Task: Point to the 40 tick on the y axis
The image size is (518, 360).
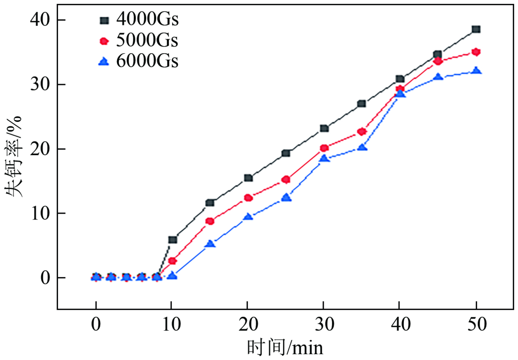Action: (x=41, y=20)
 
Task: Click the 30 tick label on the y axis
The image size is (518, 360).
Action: (x=41, y=84)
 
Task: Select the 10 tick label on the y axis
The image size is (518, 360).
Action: (x=41, y=213)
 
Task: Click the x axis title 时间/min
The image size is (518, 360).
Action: (x=285, y=347)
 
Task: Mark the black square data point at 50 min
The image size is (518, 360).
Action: (x=476, y=29)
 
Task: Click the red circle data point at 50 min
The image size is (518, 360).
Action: (x=476, y=52)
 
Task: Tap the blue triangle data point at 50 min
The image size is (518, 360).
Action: (x=476, y=71)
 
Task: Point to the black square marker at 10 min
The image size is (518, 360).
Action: (x=173, y=240)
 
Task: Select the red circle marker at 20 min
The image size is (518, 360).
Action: (x=248, y=198)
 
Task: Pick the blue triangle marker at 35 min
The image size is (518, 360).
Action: (x=362, y=147)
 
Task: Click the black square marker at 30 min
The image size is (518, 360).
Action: (x=324, y=128)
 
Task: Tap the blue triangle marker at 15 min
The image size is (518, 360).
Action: (x=210, y=244)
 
